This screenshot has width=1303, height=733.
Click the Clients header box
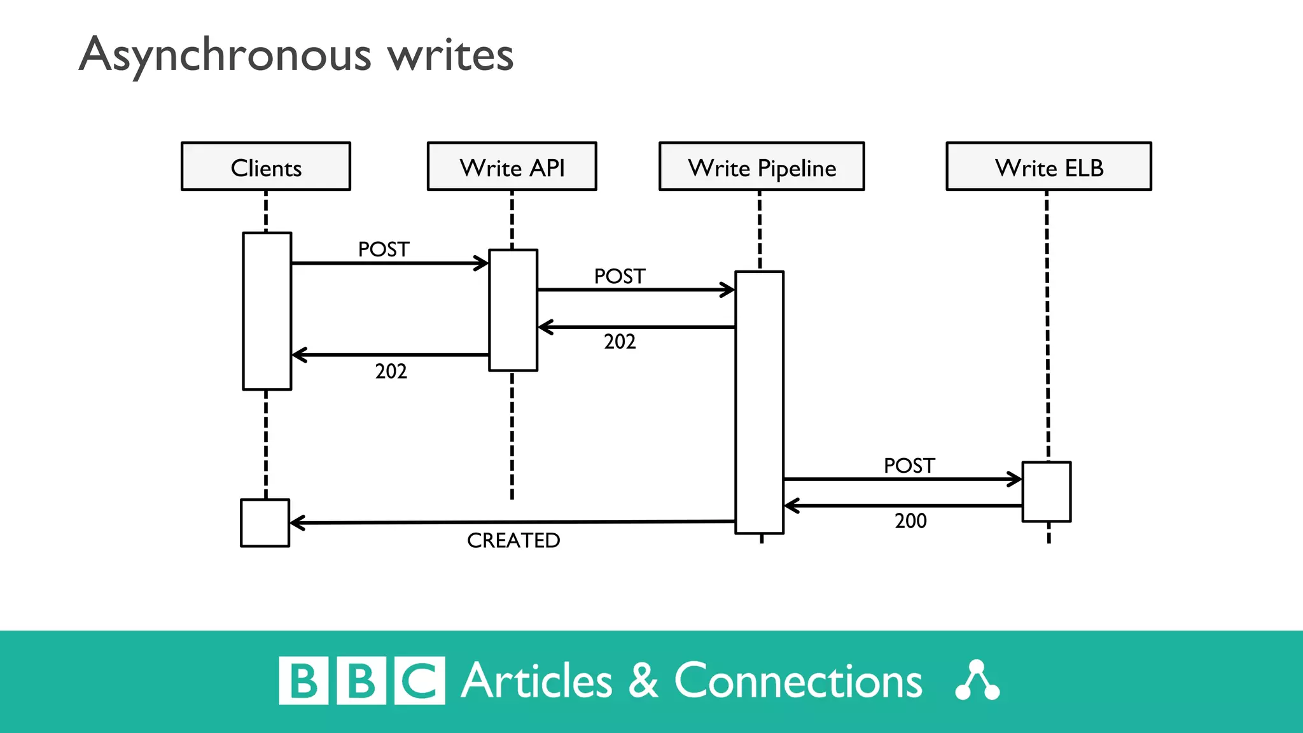click(266, 166)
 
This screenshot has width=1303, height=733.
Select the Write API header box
click(512, 166)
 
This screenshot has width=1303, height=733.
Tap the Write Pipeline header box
click(762, 166)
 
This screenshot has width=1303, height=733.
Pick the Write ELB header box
click(1049, 166)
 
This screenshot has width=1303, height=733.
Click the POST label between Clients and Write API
click(384, 249)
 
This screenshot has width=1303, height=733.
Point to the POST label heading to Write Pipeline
click(620, 276)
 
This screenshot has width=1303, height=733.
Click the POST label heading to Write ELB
click(909, 465)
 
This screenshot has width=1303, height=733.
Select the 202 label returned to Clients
click(391, 371)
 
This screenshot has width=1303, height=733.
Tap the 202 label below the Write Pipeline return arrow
click(620, 342)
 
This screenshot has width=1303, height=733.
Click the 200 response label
click(910, 520)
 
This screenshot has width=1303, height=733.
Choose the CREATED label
click(513, 540)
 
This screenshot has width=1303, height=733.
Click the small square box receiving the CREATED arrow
click(265, 522)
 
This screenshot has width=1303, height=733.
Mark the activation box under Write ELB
click(1047, 492)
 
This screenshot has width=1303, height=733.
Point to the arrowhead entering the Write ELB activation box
click(1016, 479)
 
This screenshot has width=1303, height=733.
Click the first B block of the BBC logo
click(303, 681)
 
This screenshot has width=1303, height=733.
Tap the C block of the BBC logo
click(420, 681)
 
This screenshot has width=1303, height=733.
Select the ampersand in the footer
click(643, 681)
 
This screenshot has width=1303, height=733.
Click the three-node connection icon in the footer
click(977, 681)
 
